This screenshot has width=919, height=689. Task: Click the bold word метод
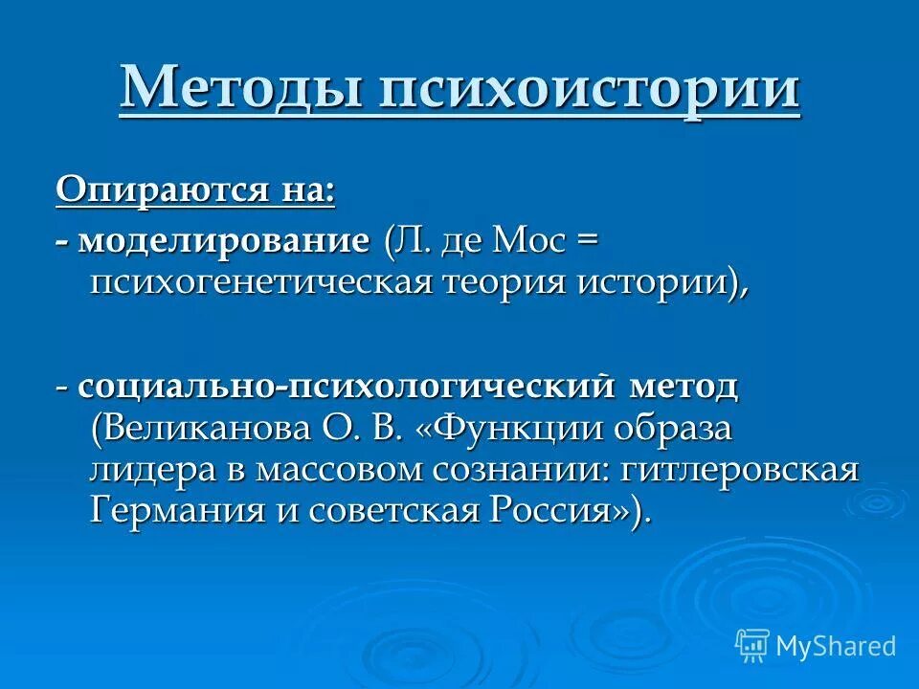coord(684,387)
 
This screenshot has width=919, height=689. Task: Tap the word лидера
coord(149,469)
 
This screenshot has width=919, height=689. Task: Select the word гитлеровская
coord(740,469)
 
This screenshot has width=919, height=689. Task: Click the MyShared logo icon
coord(751,645)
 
